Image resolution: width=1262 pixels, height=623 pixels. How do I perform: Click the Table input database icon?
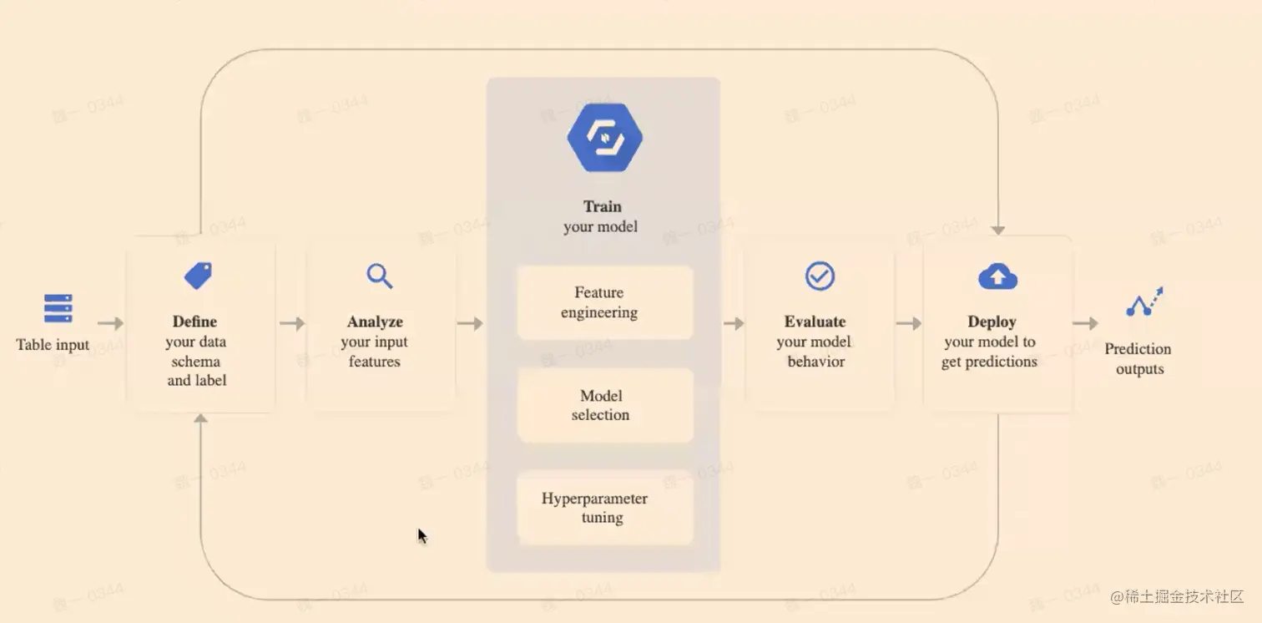coord(58,308)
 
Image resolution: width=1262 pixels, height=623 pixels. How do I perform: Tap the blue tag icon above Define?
coord(198,276)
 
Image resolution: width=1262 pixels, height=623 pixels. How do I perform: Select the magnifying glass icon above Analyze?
coord(380,276)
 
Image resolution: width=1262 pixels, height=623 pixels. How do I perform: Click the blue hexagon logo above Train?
coord(604,138)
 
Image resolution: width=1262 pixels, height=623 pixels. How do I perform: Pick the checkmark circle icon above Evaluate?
coord(820,276)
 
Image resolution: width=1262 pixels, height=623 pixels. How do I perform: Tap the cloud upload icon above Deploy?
coord(997,276)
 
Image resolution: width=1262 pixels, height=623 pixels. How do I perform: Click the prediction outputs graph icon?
coord(1144,302)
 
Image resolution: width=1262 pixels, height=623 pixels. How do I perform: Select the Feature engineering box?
coord(604,302)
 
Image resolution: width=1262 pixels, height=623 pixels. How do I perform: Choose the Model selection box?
coord(604,405)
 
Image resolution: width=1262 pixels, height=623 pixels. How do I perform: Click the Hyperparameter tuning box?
coord(604,508)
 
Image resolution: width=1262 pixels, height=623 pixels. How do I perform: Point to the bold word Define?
coord(194,322)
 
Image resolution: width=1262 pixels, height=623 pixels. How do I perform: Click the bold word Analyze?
coord(375,322)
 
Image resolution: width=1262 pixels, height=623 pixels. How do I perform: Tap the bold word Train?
coord(603,206)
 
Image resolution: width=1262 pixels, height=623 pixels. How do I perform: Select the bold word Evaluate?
coord(815,322)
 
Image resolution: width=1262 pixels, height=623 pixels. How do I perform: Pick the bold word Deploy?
coord(992,322)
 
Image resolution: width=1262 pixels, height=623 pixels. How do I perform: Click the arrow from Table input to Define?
coord(110,323)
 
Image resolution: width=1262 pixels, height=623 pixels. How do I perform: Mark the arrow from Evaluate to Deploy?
coord(908,323)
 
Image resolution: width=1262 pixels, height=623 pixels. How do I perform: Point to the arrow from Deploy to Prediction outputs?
coord(1085,323)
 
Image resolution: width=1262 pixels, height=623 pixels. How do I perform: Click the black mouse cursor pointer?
coord(422,535)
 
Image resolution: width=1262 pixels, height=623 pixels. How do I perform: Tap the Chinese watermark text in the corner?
coord(1177,596)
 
